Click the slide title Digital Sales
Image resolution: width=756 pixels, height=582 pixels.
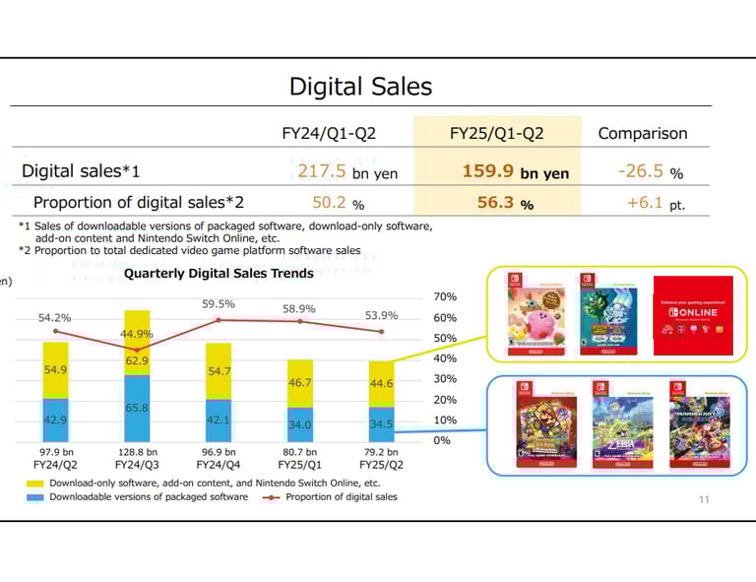360,87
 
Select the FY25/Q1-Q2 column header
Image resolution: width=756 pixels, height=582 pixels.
496,133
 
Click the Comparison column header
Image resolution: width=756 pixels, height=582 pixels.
643,133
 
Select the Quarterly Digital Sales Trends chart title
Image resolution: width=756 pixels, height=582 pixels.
219,273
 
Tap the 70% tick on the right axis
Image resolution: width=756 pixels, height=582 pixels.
445,296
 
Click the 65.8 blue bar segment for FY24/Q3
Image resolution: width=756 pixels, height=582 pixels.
137,408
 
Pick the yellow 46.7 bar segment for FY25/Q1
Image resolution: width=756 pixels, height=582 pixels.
300,382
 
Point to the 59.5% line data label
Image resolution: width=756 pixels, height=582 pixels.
219,304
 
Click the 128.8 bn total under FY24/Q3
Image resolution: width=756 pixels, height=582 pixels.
137,451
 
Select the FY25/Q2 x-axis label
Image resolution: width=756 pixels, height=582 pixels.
381,464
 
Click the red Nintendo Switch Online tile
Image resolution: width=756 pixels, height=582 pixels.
693,314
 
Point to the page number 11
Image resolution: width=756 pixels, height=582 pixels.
703,499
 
